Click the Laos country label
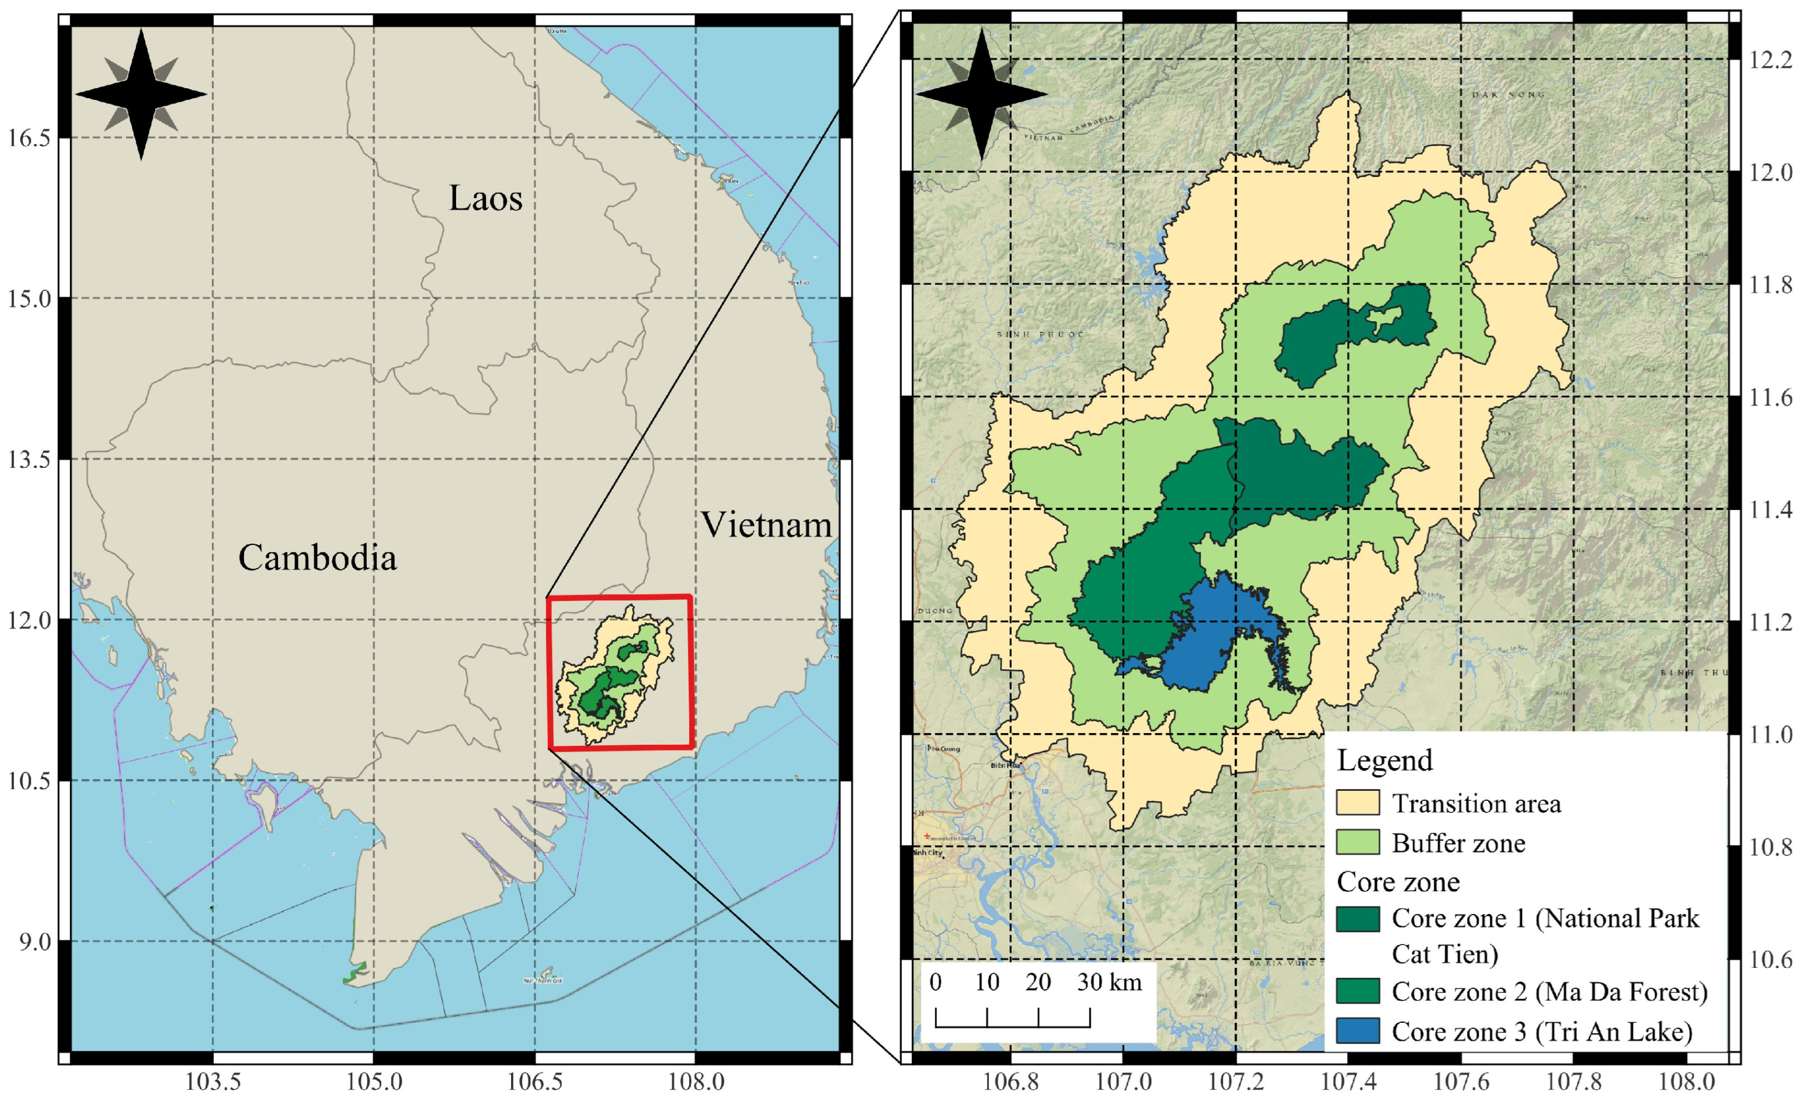click(485, 199)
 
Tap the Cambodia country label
click(317, 558)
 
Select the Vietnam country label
click(766, 525)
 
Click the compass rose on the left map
click(141, 94)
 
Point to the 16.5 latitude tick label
click(29, 138)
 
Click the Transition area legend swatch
click(1357, 803)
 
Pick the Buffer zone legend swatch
click(1357, 842)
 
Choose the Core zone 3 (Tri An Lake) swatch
click(1357, 1031)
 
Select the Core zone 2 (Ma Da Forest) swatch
click(1357, 991)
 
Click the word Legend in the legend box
click(1384, 760)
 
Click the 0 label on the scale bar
click(936, 982)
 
